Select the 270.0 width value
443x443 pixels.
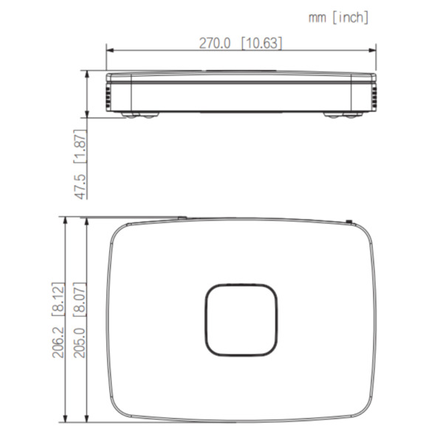point(216,43)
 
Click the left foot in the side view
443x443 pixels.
point(141,114)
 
